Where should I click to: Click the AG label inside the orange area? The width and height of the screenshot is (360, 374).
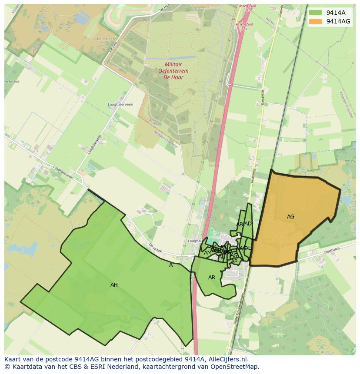tap(291, 217)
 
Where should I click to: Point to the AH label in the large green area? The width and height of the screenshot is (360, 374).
tap(114, 285)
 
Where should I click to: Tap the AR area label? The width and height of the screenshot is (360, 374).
tap(212, 278)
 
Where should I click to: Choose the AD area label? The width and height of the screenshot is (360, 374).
tap(248, 224)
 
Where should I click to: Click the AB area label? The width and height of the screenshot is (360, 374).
tap(240, 225)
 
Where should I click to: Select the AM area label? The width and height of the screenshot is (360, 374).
tap(207, 253)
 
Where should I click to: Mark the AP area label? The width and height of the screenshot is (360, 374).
tap(234, 261)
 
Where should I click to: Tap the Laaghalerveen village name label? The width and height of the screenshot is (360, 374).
tap(120, 105)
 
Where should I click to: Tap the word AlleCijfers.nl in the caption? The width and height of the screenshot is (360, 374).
tap(228, 360)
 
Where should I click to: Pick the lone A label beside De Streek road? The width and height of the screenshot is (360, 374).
tap(171, 265)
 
